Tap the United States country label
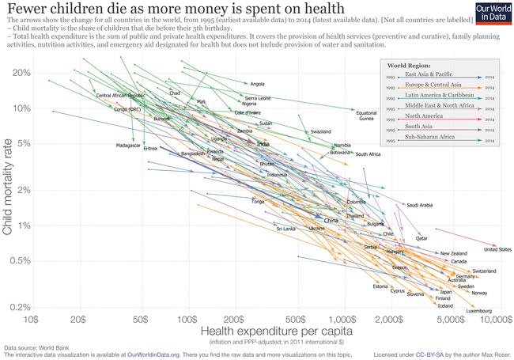[497, 250]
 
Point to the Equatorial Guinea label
[366, 116]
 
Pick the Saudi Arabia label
[419, 205]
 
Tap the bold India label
[263, 144]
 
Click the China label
[331, 220]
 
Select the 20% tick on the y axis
[21, 73]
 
